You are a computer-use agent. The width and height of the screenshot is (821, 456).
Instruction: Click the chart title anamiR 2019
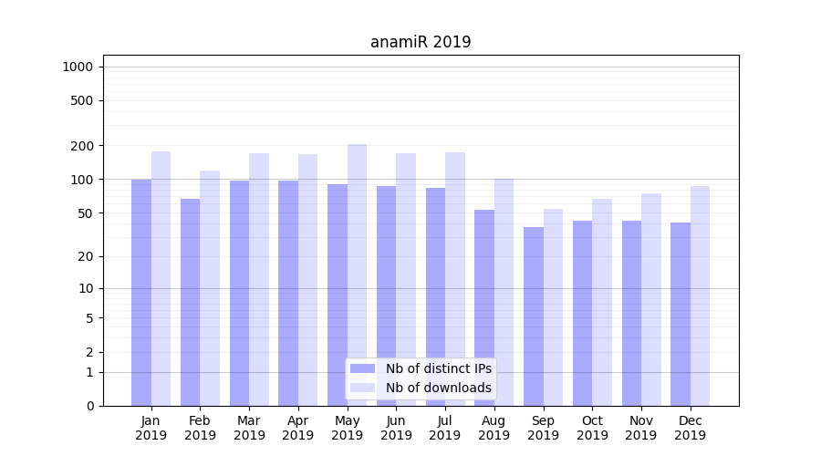pos(421,42)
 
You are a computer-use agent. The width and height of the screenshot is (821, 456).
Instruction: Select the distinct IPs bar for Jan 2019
pos(141,292)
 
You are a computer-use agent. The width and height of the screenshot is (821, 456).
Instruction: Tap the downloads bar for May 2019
pos(357,275)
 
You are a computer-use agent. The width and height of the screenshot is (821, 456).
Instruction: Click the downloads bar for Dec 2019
pos(700,295)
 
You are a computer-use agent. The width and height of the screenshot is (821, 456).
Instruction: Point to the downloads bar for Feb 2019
pos(210,288)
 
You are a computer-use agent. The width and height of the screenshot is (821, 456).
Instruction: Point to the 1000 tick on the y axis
pos(78,67)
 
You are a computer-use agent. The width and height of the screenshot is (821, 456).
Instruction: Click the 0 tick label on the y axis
pos(89,406)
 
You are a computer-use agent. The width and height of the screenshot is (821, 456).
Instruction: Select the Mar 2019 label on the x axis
pos(249,428)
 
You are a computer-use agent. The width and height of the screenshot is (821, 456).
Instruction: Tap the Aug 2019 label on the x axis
pos(494,428)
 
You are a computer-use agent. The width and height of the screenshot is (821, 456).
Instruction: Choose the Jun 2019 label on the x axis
pos(396,428)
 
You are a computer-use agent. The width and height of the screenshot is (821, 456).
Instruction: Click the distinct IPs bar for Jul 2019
pos(435,296)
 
